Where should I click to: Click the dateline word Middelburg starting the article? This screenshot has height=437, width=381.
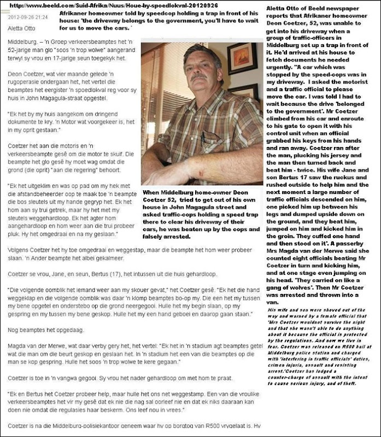(x=19, y=41)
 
